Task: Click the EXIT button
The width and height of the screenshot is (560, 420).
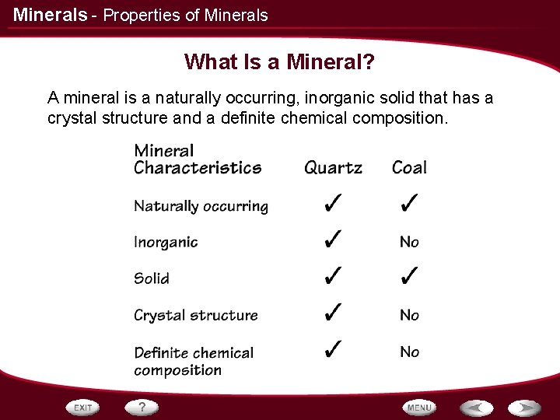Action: pos(83,407)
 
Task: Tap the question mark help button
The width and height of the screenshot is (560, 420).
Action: pos(142,407)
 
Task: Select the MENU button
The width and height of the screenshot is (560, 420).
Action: pos(418,407)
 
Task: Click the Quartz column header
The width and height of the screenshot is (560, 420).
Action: pos(333,167)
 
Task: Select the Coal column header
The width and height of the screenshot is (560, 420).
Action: pos(409,167)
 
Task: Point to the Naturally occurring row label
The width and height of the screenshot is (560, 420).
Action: pos(201,206)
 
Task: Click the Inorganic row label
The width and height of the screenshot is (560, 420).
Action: pos(166,243)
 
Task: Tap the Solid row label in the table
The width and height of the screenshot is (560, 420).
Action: pos(152,278)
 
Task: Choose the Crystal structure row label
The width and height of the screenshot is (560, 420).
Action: pos(195,315)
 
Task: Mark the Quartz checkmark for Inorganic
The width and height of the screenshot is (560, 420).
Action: pos(332,240)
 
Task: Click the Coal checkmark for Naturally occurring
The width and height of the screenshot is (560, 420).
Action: pos(409,205)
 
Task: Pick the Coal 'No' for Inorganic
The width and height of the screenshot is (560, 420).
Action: pos(409,243)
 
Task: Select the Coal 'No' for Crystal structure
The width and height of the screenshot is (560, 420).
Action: pos(409,315)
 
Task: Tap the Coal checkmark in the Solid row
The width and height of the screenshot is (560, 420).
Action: pos(409,276)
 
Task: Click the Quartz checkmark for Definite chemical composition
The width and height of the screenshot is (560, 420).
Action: pos(332,349)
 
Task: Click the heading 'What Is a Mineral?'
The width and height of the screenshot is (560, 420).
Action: pos(279,61)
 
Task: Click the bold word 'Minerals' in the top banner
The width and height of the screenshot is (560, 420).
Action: pos(50,15)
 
